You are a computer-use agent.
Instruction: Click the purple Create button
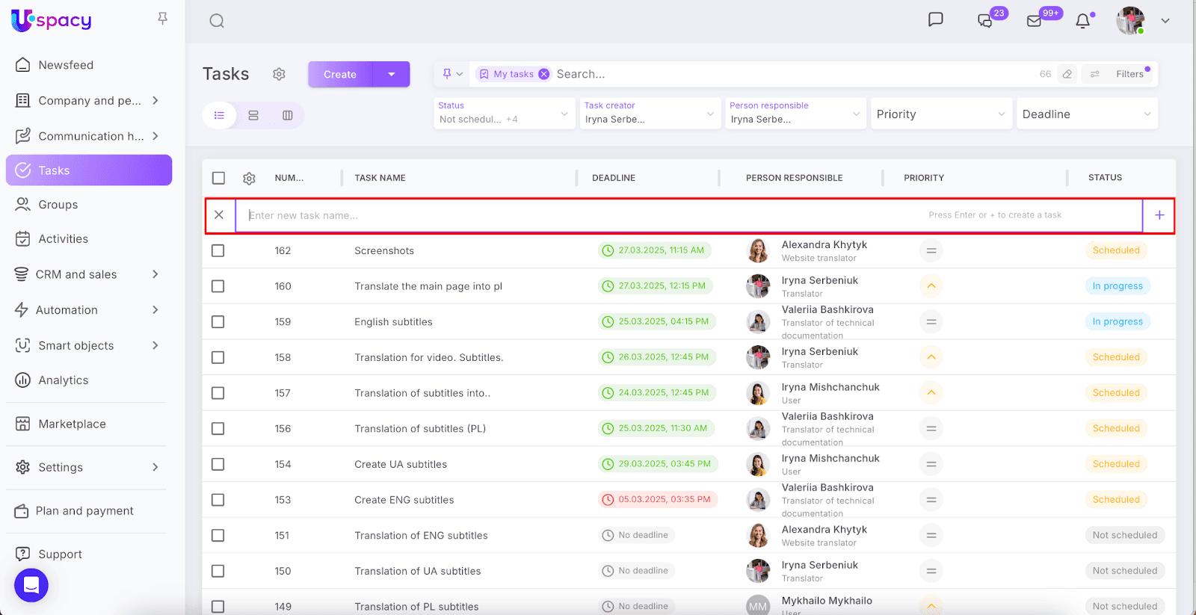[x=340, y=75]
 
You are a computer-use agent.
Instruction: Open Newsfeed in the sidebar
[x=66, y=65]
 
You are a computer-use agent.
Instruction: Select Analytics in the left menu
[x=64, y=380]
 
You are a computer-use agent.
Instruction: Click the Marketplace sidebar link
[x=72, y=424]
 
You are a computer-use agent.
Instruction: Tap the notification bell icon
[x=1082, y=21]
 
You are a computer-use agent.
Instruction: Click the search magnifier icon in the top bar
[x=217, y=21]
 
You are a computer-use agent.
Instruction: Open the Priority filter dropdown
[x=940, y=114]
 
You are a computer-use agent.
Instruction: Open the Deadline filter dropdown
[x=1085, y=114]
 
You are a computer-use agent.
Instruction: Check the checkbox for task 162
[x=218, y=251]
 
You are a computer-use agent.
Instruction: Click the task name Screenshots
[x=384, y=251]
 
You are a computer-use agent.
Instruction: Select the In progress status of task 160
[x=1117, y=286]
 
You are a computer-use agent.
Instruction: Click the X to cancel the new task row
[x=219, y=215]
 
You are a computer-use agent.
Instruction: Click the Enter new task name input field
[x=583, y=215]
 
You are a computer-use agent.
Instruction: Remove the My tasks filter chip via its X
[x=544, y=74]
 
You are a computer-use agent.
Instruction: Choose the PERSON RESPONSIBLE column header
[x=794, y=178]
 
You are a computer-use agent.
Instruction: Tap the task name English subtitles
[x=393, y=322]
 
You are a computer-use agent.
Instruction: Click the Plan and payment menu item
[x=84, y=511]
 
